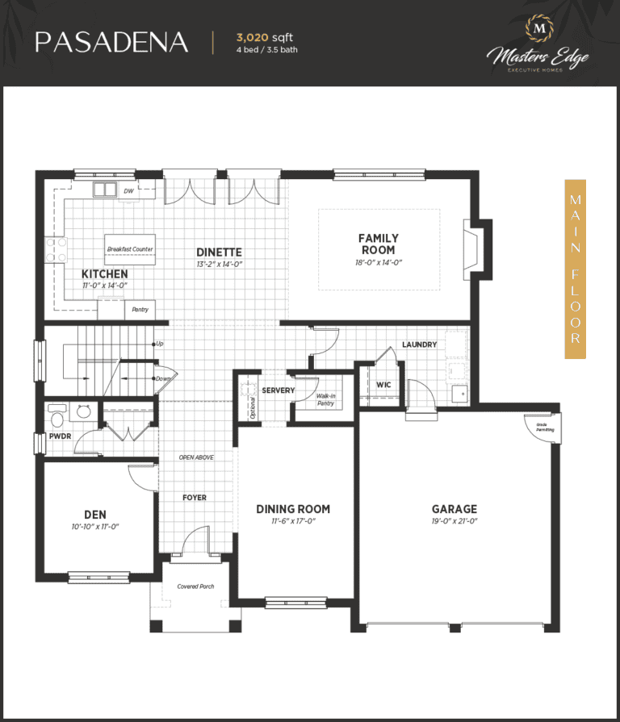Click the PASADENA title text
tap(111, 42)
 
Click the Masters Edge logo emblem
tap(538, 29)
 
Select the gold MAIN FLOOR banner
tap(575, 269)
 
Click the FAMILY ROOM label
tap(379, 244)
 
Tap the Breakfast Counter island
tap(130, 249)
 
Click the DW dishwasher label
tap(128, 191)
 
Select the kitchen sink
tap(103, 190)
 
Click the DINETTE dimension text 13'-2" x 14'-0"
tap(219, 265)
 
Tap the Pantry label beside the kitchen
tap(140, 309)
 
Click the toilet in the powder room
tap(57, 417)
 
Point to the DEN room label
tap(95, 514)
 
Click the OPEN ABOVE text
tap(196, 457)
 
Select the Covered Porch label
tap(195, 586)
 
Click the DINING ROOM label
tap(293, 509)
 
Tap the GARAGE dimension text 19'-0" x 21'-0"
tap(454, 522)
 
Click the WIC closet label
tap(383, 385)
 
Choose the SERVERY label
tap(279, 390)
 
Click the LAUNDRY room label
tap(420, 344)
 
